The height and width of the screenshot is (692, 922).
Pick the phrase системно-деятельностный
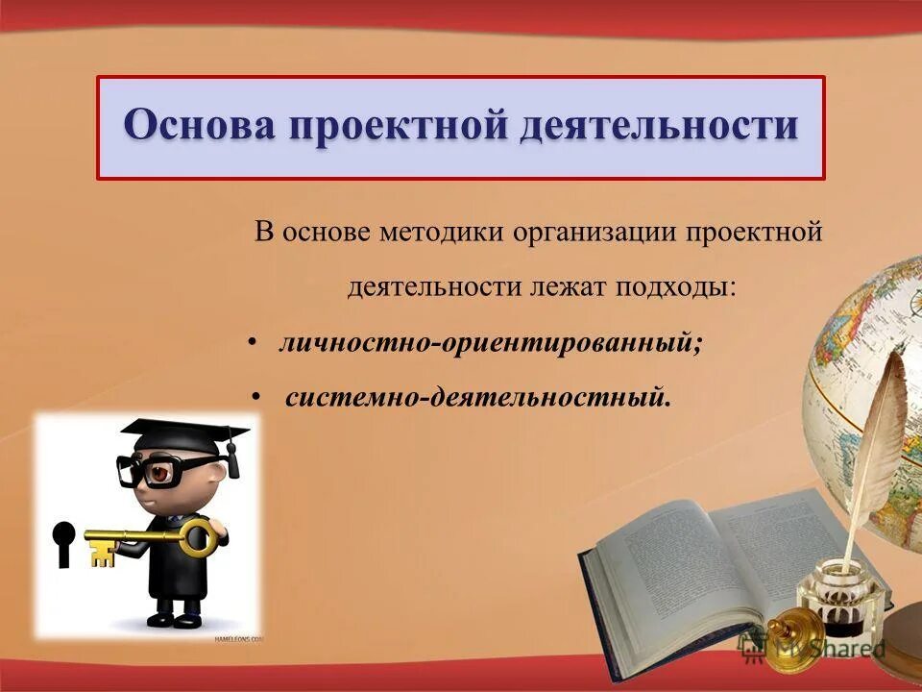(477, 396)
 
